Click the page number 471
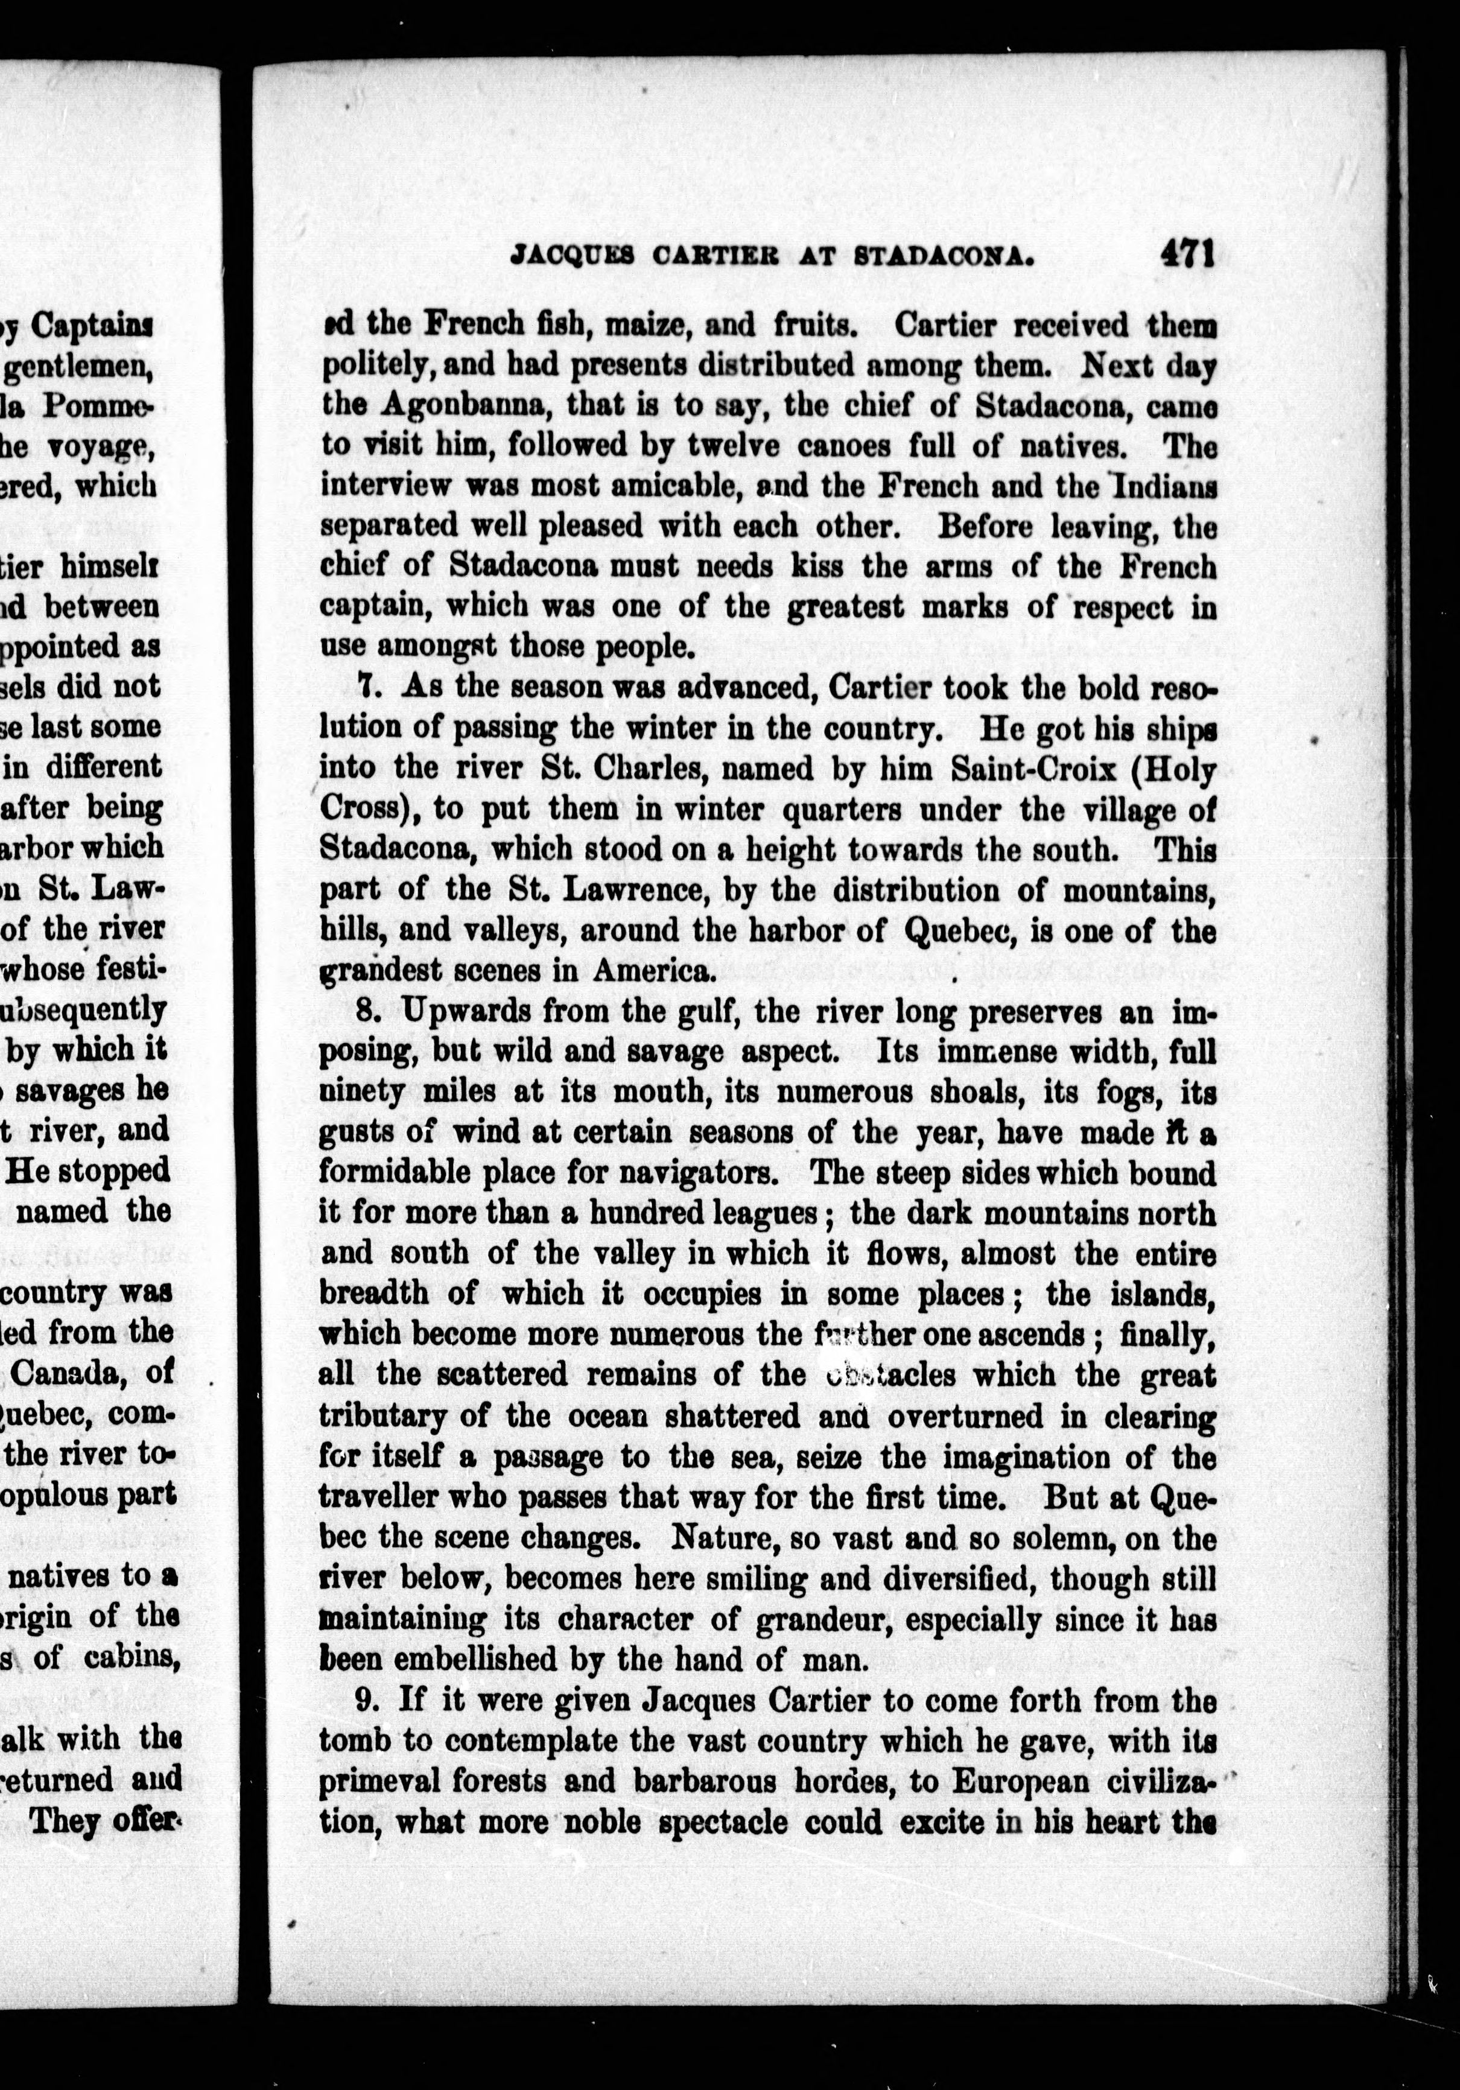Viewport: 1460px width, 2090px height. (1187, 253)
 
